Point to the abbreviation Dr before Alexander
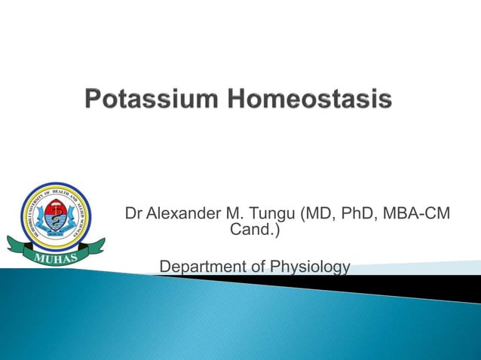[134, 215]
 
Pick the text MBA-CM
[417, 215]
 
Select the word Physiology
[314, 267]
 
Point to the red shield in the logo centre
[56, 218]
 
